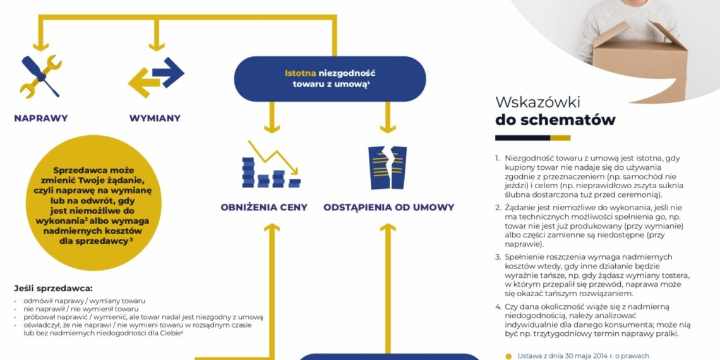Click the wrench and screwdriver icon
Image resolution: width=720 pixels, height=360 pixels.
41,76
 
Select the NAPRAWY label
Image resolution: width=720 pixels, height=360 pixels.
41,118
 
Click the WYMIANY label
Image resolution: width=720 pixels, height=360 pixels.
155,118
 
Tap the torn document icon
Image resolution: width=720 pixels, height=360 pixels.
388,167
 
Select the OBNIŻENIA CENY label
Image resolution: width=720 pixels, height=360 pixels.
264,207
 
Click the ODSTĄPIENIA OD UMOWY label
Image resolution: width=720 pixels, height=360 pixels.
388,207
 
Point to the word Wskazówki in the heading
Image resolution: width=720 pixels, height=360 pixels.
537,102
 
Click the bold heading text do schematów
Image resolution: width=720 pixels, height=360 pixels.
555,120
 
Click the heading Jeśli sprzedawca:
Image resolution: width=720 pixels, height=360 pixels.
53,287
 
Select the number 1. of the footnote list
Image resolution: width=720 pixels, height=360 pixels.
498,158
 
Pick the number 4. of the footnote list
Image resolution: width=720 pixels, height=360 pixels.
498,306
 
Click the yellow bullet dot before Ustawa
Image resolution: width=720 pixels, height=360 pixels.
508,356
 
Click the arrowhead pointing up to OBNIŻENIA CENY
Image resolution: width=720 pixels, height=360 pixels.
272,228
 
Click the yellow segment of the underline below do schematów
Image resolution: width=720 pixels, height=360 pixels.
560,138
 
